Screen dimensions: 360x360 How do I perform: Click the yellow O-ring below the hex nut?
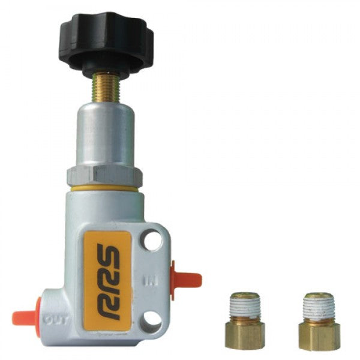pyautogui.click(x=106, y=189)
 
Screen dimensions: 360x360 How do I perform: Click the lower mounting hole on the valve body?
pyautogui.click(x=152, y=319)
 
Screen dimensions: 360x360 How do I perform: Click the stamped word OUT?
pyautogui.click(x=57, y=319)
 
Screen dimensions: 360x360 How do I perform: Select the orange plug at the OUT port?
pyautogui.click(x=25, y=315)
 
